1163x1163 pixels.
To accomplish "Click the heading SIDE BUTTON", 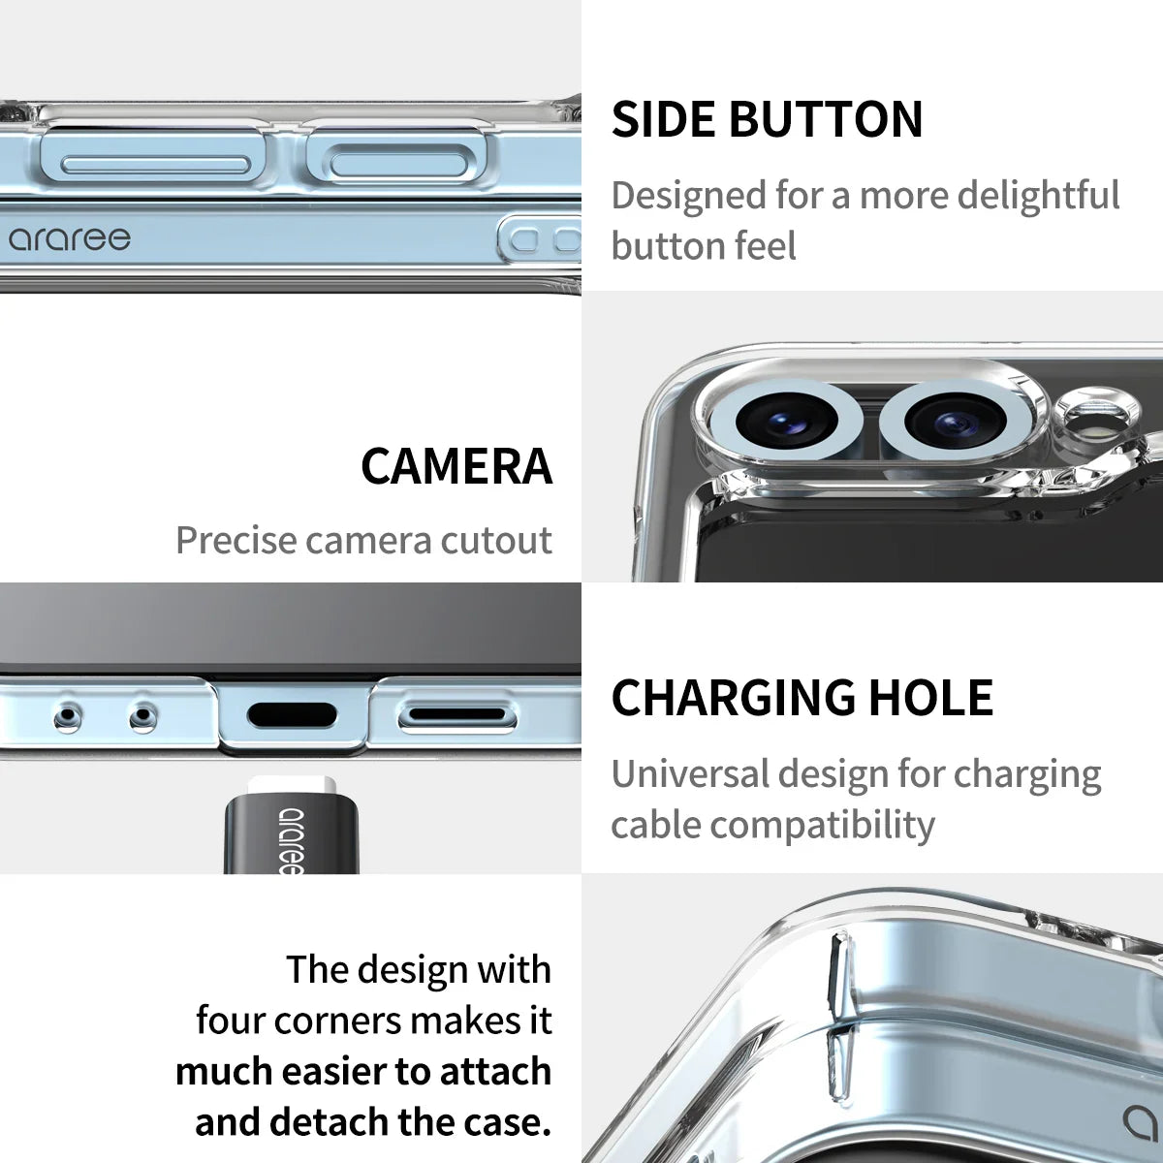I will coord(767,119).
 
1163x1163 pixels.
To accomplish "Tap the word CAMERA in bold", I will coord(456,466).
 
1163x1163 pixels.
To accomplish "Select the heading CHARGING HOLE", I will coord(802,697).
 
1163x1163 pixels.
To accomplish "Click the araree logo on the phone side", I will coord(70,239).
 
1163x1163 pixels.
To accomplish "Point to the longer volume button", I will coord(155,165).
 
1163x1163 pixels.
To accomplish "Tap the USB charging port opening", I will coord(292,716).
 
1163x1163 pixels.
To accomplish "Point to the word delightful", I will coord(1038,196).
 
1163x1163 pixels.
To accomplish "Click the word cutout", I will coord(496,540).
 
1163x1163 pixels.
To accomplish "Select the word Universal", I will coord(689,774).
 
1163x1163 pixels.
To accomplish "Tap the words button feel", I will coord(704,246).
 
